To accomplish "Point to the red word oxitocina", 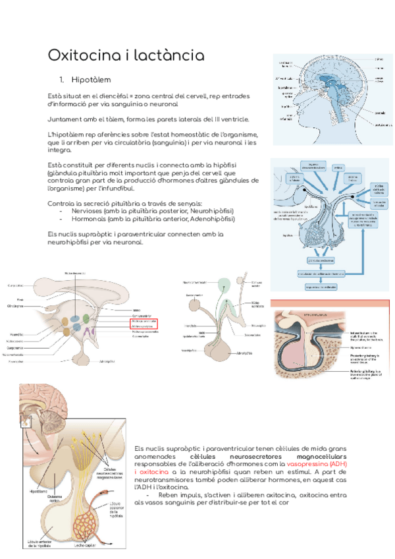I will coord(153,473).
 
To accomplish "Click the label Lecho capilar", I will coord(86,545).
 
